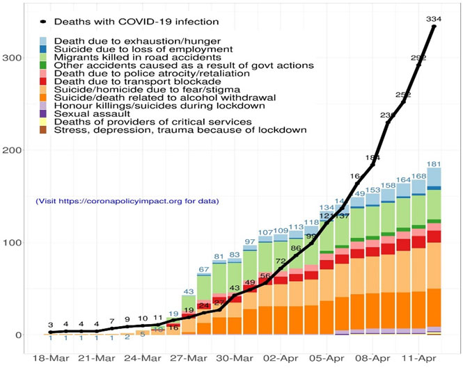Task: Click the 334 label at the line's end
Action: [x=433, y=18]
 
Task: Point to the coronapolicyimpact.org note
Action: [x=127, y=201]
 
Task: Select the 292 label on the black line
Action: [x=419, y=58]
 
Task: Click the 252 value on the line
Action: [x=403, y=95]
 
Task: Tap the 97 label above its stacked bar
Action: [x=251, y=242]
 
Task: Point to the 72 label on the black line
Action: [x=281, y=262]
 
